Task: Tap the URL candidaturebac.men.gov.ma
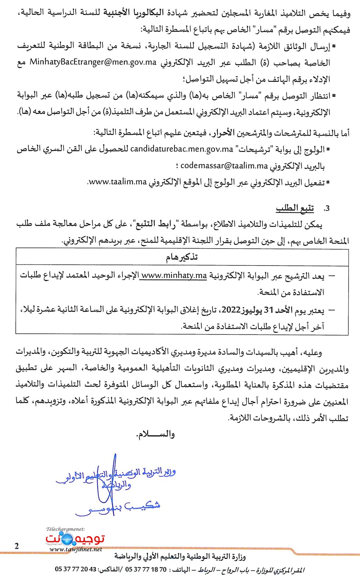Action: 182,149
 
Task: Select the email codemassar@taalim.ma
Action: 224,166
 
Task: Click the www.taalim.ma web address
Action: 117,182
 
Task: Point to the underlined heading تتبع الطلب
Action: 295,208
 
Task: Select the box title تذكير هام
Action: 182,257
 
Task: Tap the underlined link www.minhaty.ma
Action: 174,275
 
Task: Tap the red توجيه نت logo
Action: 75,539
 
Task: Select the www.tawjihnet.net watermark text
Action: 75,550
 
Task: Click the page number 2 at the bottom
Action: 17,546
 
